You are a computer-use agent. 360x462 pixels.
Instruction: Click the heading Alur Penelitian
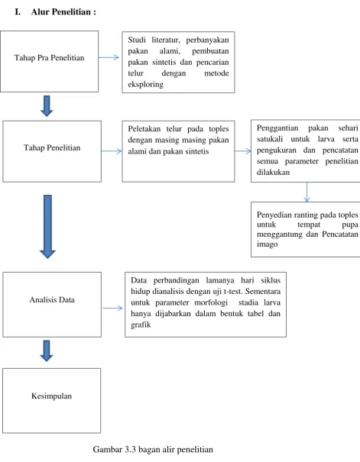(63, 11)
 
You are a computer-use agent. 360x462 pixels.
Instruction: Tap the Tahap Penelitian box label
(52, 147)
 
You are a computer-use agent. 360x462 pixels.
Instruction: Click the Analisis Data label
(52, 299)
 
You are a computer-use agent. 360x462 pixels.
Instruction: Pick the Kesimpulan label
(52, 396)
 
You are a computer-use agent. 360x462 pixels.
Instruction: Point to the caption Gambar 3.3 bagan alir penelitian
(153, 449)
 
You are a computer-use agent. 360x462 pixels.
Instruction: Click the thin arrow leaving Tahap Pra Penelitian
(109, 57)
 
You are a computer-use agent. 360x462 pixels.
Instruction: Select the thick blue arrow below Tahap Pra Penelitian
(47, 106)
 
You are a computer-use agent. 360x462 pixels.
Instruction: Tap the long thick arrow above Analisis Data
(47, 227)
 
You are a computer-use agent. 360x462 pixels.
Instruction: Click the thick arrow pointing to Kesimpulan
(47, 351)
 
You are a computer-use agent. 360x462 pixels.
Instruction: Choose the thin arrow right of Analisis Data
(112, 309)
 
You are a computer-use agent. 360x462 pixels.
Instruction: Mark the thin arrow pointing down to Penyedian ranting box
(306, 192)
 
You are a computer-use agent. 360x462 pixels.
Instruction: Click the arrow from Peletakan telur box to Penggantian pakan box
(242, 151)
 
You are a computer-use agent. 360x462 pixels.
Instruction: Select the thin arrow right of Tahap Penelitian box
(112, 151)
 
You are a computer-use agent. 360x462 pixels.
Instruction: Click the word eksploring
(146, 84)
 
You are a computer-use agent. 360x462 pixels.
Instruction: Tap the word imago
(267, 244)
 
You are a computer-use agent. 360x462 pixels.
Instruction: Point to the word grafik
(141, 325)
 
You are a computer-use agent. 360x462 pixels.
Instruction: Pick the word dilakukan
(274, 172)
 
